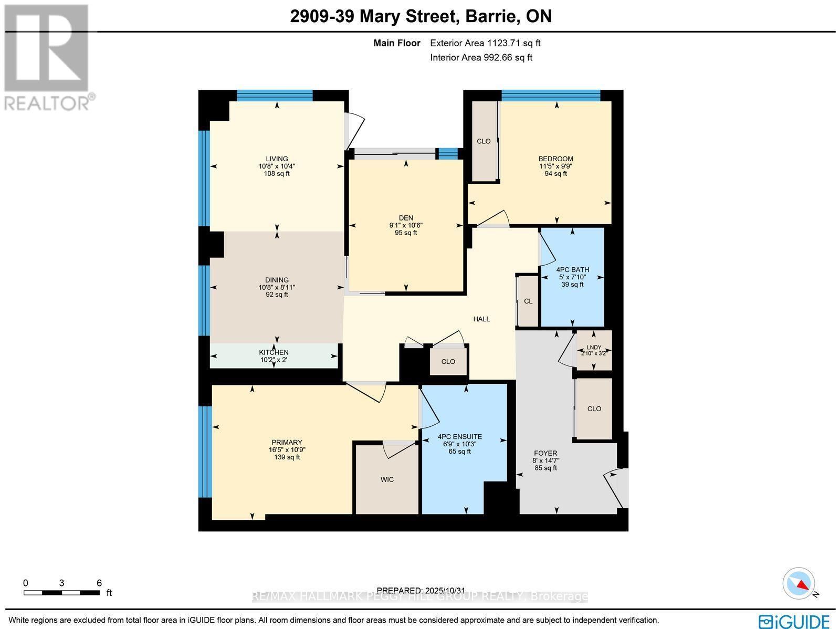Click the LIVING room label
277,159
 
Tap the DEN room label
406,218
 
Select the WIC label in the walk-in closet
387,479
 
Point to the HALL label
481,319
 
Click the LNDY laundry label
594,347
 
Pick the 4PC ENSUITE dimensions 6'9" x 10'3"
459,444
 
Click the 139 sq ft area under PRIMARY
287,457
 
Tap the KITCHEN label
274,352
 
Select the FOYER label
545,453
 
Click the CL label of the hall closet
528,301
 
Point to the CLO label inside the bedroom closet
484,141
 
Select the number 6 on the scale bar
99,583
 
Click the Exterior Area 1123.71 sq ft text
485,44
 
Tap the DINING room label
277,280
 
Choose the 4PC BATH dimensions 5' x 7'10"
572,277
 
